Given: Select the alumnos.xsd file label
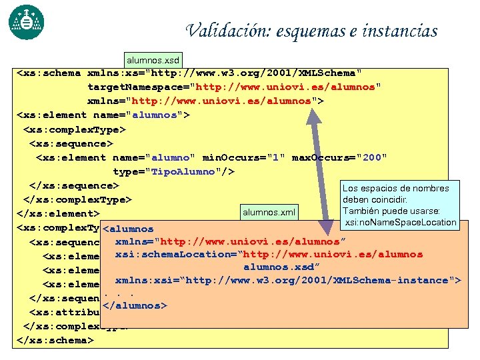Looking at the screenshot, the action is tap(152, 61).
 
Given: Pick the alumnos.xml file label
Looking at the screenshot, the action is tap(269, 213).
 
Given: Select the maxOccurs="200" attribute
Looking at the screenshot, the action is tap(340, 157).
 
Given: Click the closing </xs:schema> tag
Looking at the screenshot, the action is tap(54, 340).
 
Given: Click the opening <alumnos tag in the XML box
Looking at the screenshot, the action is tap(129, 229).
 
